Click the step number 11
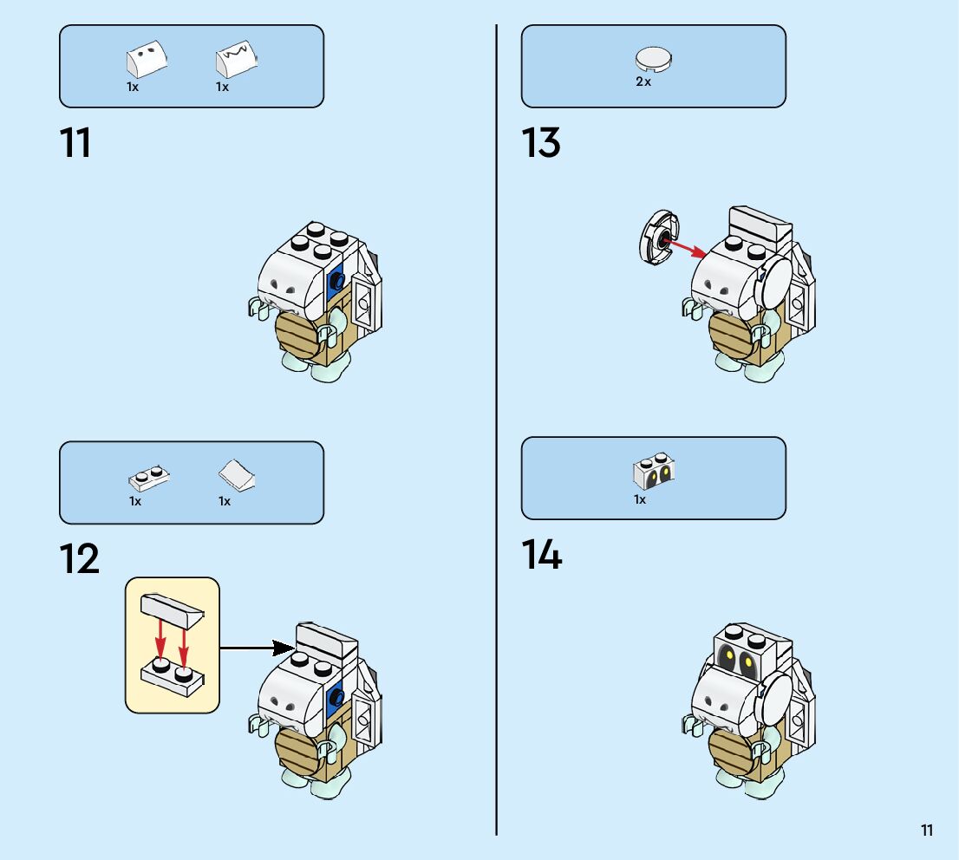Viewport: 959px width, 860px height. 75,143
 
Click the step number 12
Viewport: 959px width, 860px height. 79,560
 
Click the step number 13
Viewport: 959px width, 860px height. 540,143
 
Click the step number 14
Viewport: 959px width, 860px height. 541,555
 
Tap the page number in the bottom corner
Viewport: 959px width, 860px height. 927,831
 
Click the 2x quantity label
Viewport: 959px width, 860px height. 643,81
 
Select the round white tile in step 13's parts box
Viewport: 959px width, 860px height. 655,60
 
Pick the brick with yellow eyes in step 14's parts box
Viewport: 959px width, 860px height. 655,472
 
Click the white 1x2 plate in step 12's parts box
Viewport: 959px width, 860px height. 149,478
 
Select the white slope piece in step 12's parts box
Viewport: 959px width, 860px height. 236,475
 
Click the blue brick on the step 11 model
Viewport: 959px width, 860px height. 336,281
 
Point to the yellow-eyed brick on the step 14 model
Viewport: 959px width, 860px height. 737,658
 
